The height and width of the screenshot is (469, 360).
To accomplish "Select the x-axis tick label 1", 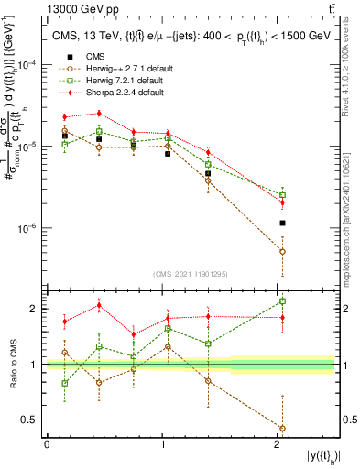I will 162,443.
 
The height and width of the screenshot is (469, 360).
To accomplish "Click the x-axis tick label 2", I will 278,443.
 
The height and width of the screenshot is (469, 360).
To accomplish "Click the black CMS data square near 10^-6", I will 283,223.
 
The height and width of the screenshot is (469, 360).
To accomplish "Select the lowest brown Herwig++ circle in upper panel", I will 283,251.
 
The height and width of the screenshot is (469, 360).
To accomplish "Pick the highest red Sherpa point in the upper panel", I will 99,114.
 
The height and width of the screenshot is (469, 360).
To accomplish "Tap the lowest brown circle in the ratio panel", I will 283,428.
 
